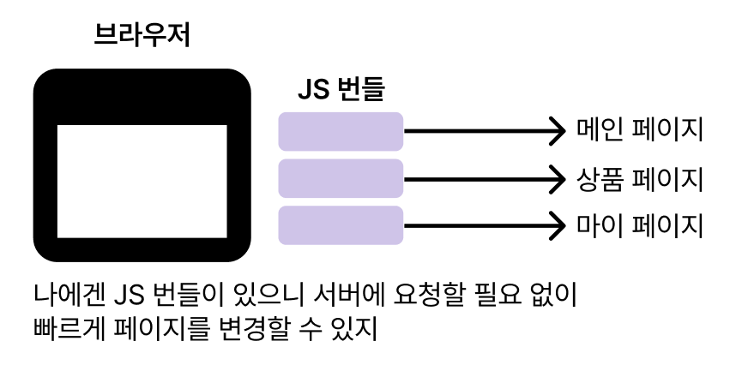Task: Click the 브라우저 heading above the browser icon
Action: (142, 37)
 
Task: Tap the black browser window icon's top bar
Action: (142, 96)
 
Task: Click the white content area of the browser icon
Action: (142, 181)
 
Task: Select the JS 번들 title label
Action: (341, 89)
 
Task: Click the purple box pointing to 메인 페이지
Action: (341, 132)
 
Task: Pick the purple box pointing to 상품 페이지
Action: (341, 179)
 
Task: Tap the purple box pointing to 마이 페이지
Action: (341, 225)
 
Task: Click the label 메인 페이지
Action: (640, 131)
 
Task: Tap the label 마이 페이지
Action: (640, 225)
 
